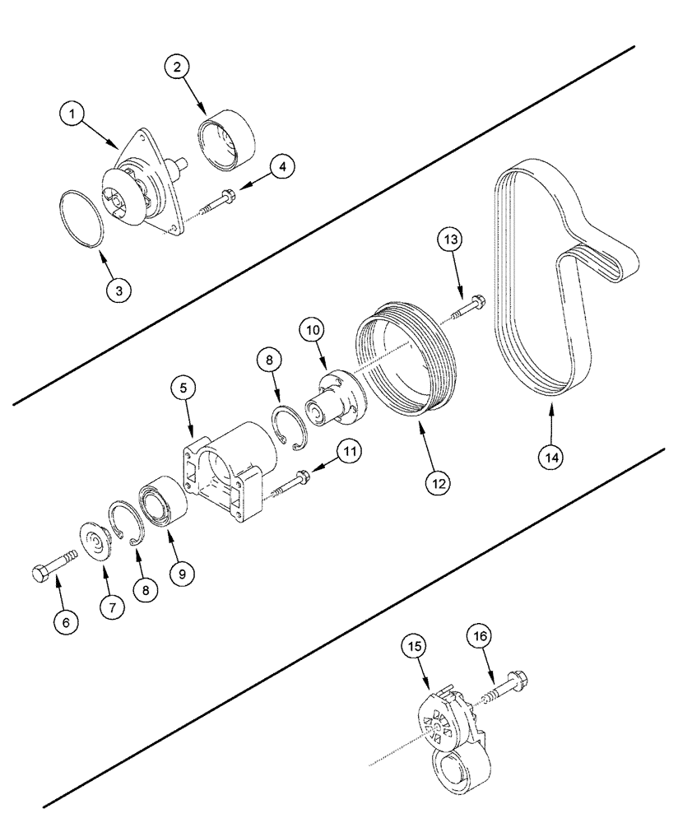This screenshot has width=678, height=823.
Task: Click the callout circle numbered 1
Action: click(73, 115)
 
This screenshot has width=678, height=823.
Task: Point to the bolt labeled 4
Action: click(221, 198)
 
